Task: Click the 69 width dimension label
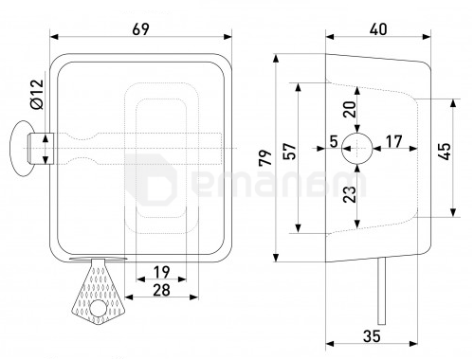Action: tap(140, 29)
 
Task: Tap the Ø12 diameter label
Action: tap(37, 94)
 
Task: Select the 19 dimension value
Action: tap(161, 272)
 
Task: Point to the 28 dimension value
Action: tap(161, 290)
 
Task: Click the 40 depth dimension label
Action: tap(378, 29)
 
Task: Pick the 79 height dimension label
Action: tap(265, 157)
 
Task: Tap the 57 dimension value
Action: tap(290, 152)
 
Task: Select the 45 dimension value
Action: tap(445, 152)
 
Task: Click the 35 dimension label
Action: tap(372, 336)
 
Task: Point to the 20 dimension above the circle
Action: tap(350, 109)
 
